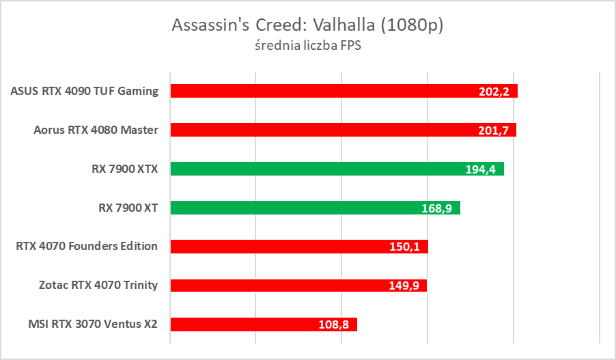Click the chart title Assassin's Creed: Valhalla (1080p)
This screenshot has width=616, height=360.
click(x=307, y=25)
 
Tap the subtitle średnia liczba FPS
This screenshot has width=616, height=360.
click(x=307, y=48)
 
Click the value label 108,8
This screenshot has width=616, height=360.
click(x=334, y=324)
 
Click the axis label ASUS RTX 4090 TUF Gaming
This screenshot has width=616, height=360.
click(x=85, y=91)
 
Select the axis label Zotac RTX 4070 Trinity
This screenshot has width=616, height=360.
click(x=98, y=285)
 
